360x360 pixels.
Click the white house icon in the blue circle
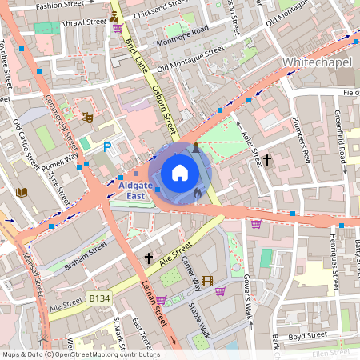[180, 172]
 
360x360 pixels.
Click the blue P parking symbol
[108, 146]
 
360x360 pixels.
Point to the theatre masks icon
[87, 117]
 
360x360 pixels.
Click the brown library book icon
[21, 192]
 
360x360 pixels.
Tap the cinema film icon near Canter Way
[207, 280]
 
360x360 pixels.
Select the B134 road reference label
[98, 298]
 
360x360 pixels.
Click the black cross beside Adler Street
[267, 160]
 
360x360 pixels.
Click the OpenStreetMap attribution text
[81, 354]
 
